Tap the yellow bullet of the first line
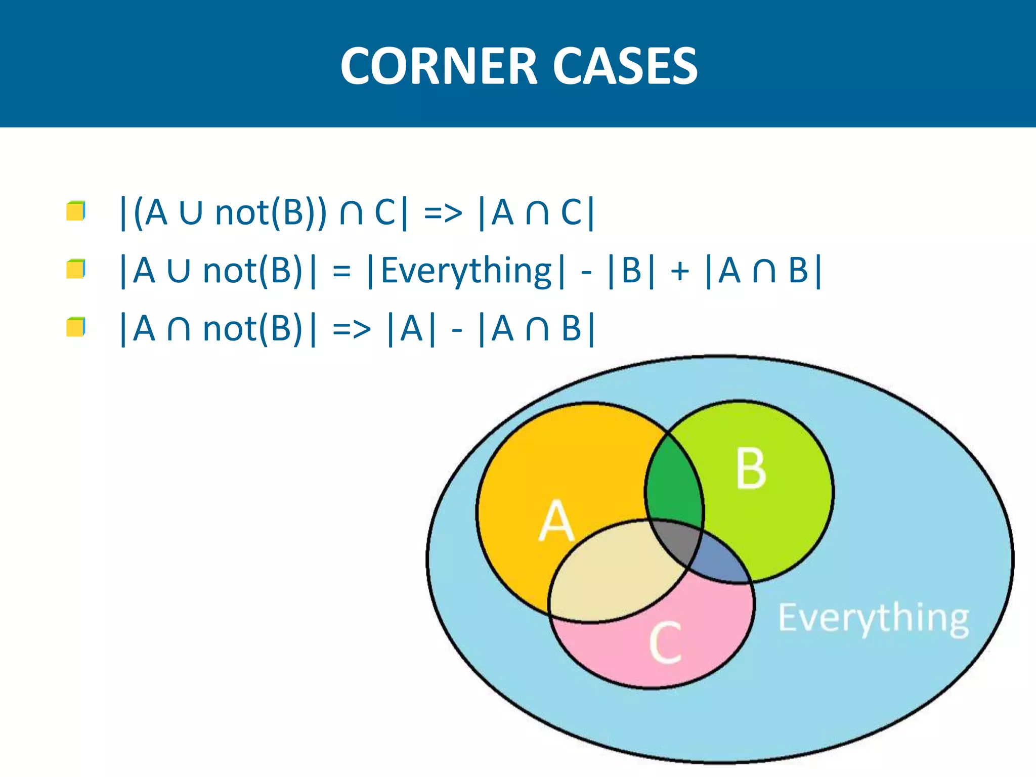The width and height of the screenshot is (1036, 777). (x=75, y=211)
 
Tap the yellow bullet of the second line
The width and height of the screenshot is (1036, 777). (x=75, y=269)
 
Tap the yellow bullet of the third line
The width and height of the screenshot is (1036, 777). (x=75, y=327)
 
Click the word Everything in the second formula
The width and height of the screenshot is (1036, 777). (x=466, y=271)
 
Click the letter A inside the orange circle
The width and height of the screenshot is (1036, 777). (x=556, y=521)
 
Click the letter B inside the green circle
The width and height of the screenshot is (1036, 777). (x=751, y=469)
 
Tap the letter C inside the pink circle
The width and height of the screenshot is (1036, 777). (x=666, y=642)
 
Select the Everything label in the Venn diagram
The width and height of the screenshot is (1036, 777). (x=873, y=618)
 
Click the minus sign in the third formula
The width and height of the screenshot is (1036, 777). (x=457, y=330)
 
